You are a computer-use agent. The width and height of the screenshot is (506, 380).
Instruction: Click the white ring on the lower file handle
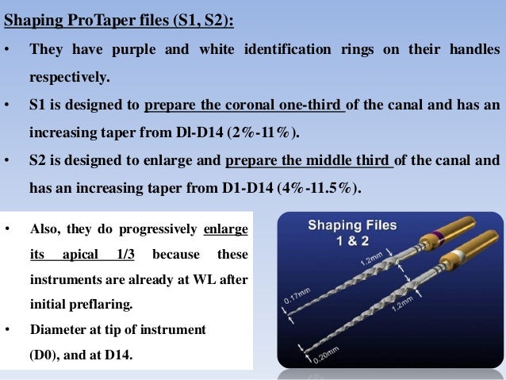pyautogui.click(x=455, y=257)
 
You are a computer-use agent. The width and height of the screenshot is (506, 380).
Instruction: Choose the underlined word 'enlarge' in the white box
pyautogui.click(x=225, y=229)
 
